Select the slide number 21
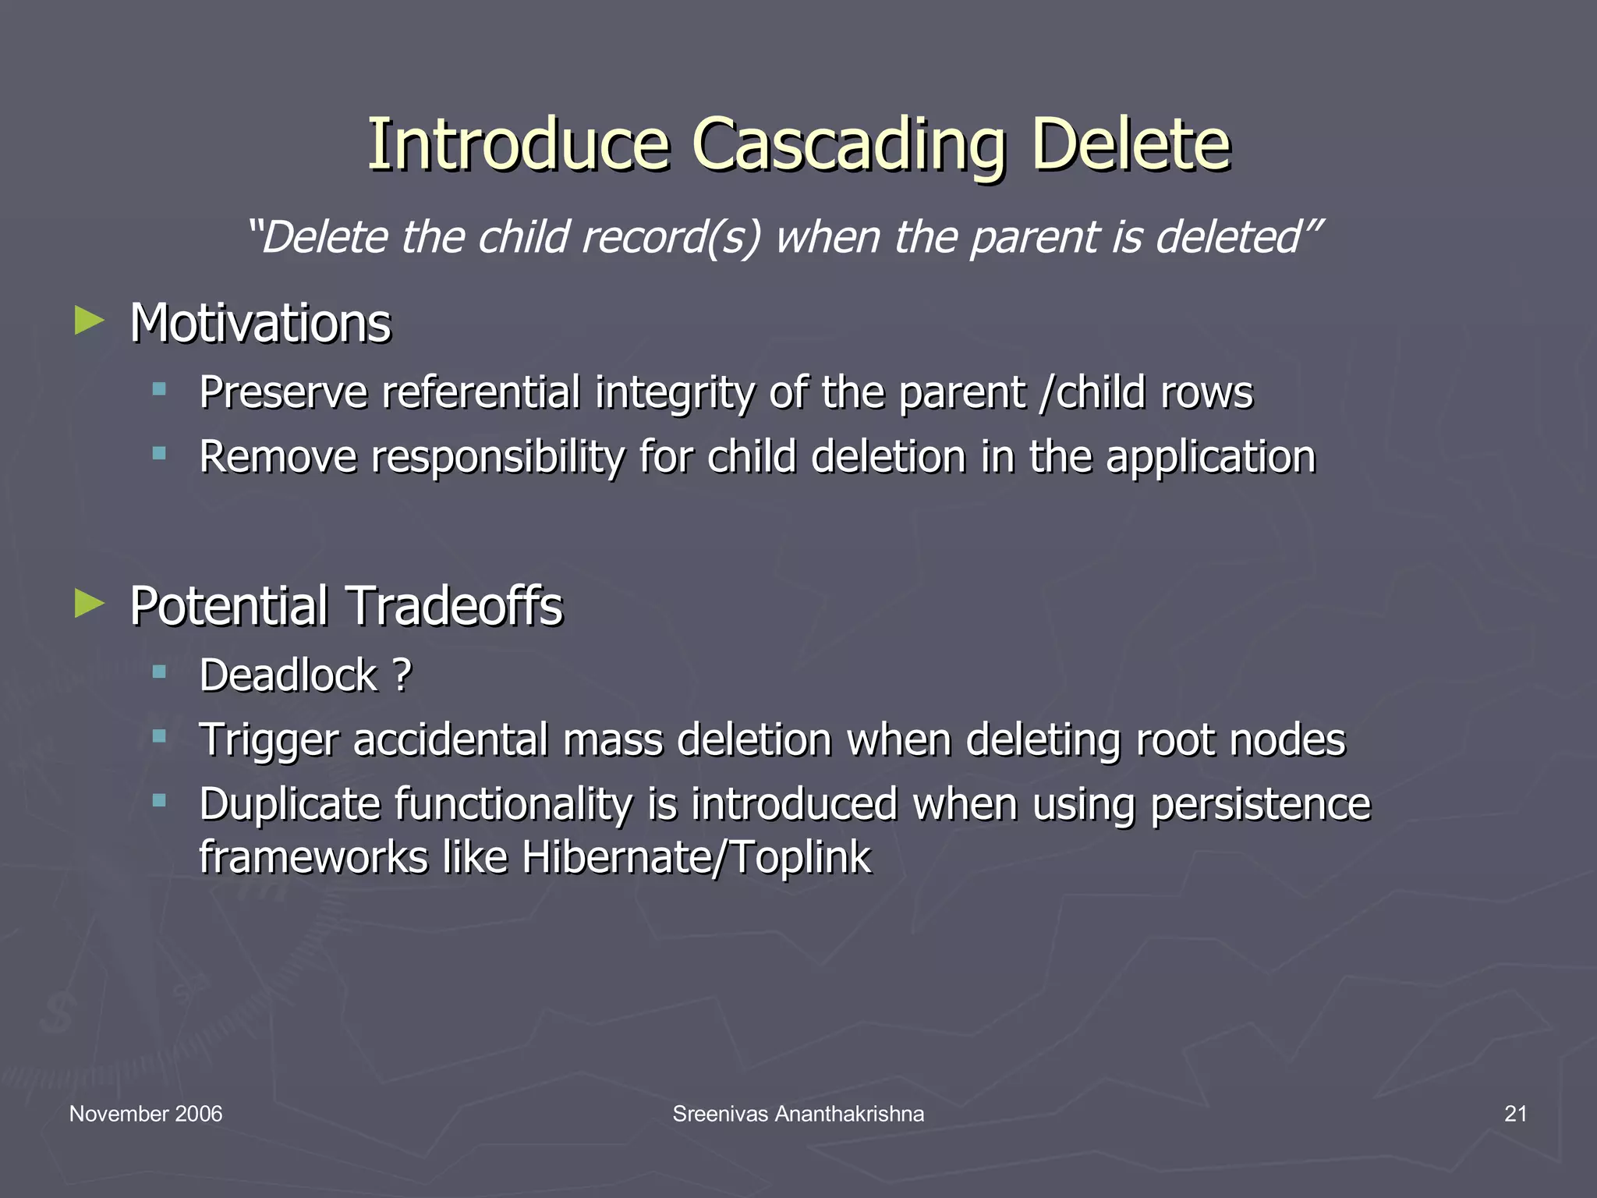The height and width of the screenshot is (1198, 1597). pos(1515,1114)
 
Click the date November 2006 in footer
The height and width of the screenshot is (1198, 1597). pos(146,1114)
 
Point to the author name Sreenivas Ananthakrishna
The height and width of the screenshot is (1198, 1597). pos(798,1114)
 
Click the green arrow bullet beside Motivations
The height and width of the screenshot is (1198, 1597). pos(90,321)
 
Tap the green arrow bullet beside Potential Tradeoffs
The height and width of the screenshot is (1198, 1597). pos(90,603)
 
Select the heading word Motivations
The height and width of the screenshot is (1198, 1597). pos(260,323)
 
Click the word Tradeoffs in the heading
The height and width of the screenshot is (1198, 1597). pos(454,606)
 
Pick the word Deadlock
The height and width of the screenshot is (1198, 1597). pos(288,675)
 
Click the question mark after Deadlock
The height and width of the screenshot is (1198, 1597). pos(402,675)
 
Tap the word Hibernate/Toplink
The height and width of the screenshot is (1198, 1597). pos(696,857)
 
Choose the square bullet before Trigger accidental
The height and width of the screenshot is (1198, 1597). pos(160,735)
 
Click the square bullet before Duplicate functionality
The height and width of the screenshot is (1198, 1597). pos(160,799)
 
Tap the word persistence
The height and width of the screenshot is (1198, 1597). pos(1259,804)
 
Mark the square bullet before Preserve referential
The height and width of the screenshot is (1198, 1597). pos(160,388)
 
